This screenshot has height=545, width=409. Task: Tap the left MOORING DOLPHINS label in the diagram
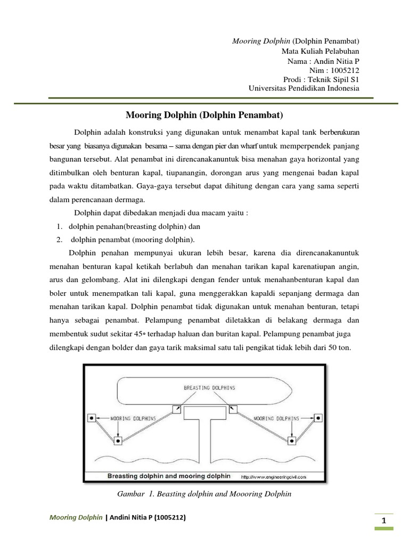click(134, 418)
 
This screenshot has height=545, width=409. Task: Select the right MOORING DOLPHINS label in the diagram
click(275, 418)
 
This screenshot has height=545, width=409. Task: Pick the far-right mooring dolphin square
click(318, 418)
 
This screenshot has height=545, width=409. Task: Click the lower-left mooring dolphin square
click(118, 441)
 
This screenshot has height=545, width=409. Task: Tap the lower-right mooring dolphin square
click(292, 441)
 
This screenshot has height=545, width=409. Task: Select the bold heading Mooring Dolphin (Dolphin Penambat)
click(204, 114)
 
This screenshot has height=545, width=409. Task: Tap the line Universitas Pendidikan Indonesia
click(304, 88)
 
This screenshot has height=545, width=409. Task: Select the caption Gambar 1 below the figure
click(204, 494)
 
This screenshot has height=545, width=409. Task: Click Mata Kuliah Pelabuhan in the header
click(320, 52)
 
